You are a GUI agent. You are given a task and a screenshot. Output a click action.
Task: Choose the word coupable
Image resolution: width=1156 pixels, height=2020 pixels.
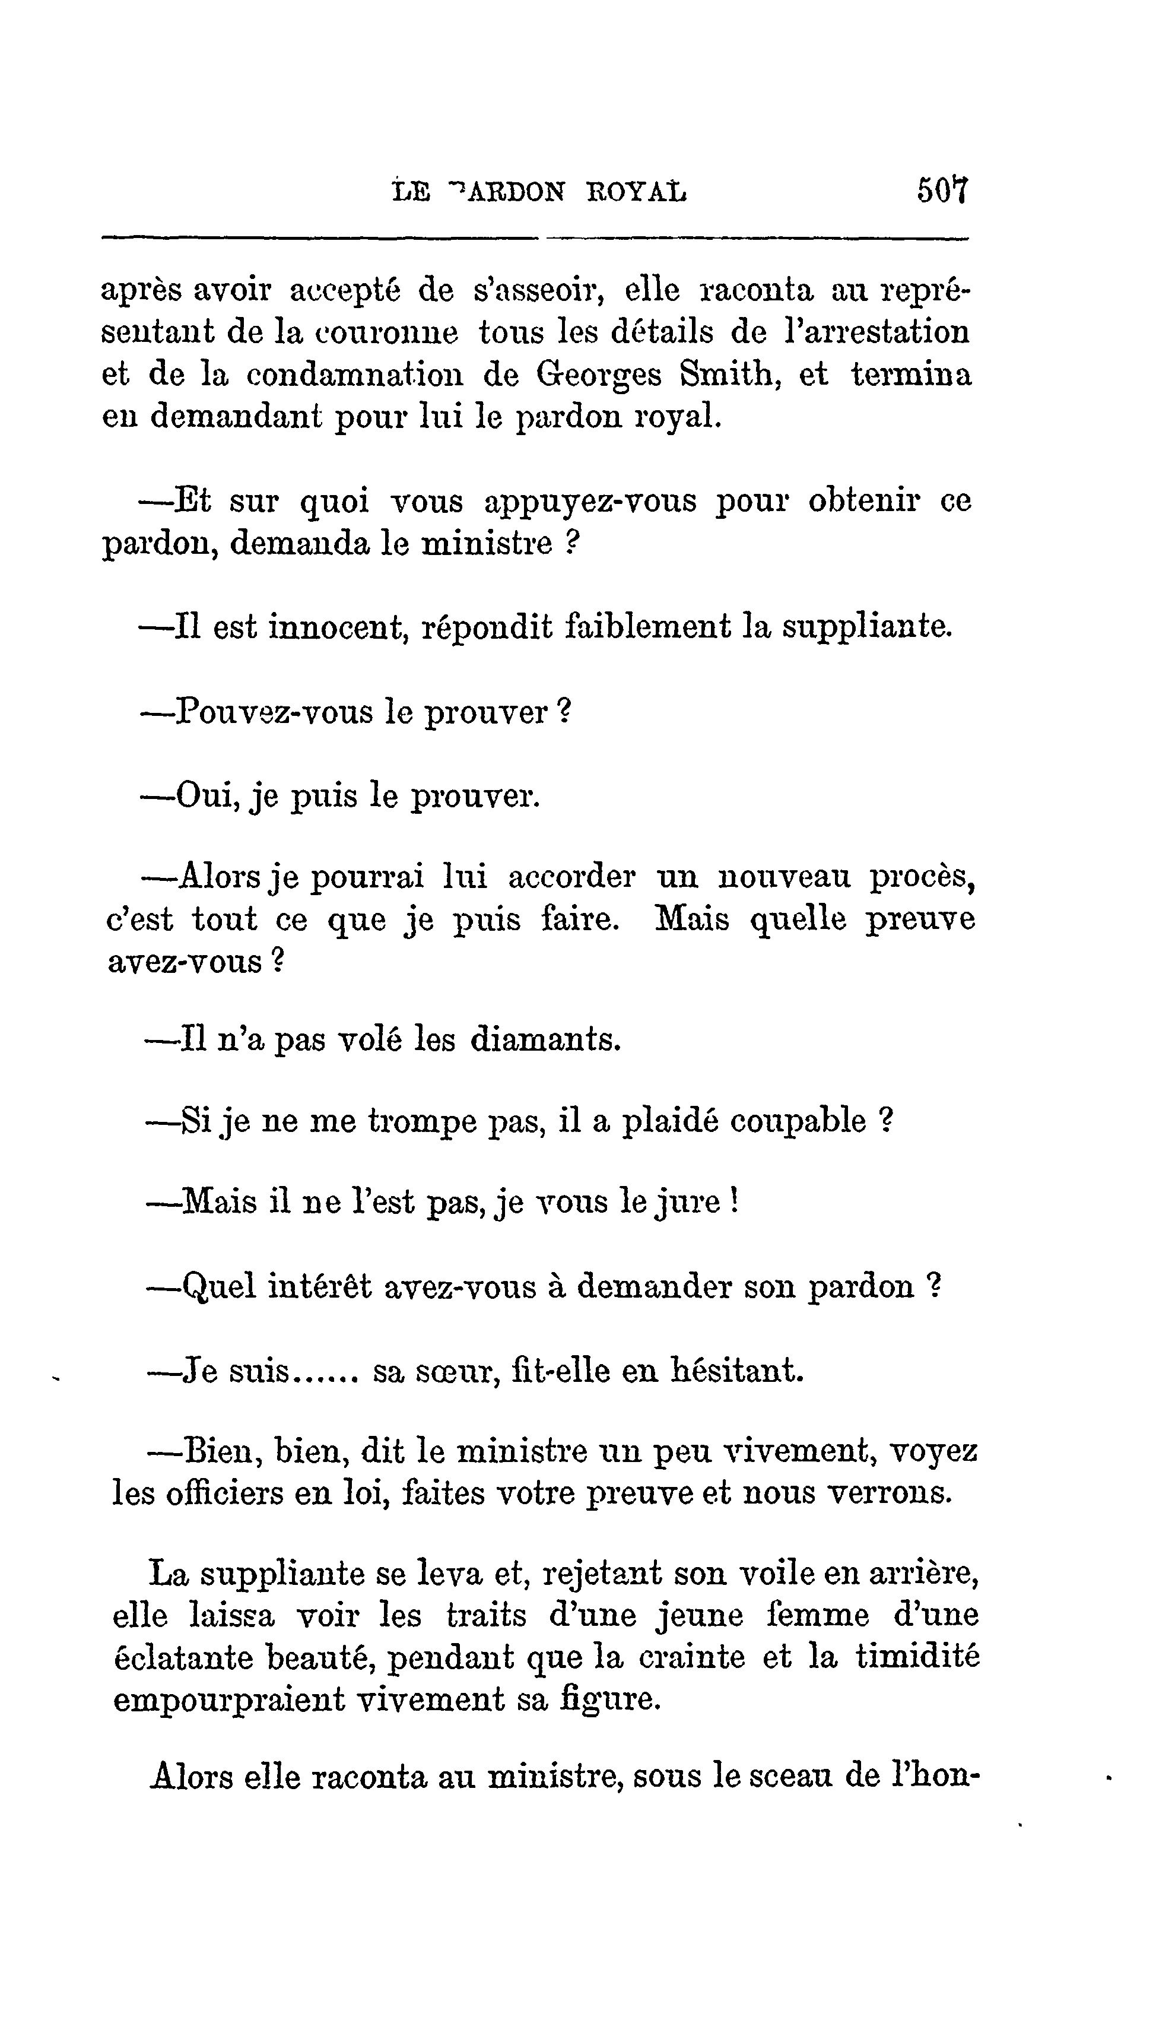coord(798,1122)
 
